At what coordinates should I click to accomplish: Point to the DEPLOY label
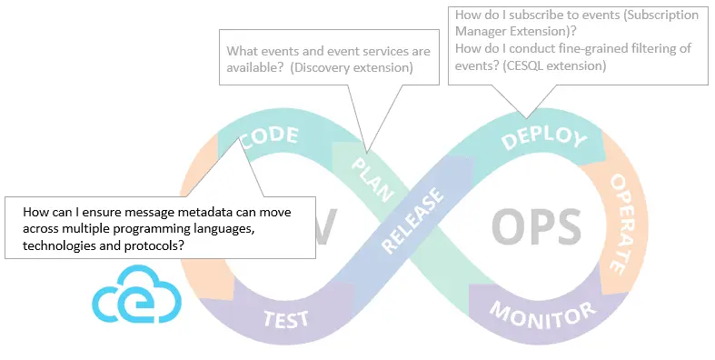pos(543,137)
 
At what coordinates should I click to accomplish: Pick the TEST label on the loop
pos(286,319)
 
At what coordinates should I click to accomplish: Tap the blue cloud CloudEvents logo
pos(138,294)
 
